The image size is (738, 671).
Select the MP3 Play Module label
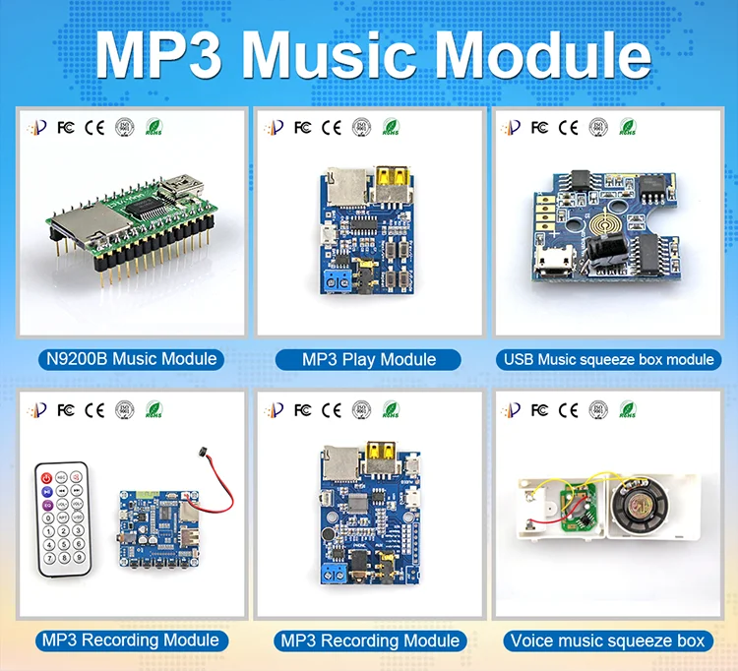pyautogui.click(x=369, y=359)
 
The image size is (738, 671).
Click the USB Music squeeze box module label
pyautogui.click(x=609, y=359)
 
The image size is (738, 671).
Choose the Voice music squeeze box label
pyautogui.click(x=608, y=640)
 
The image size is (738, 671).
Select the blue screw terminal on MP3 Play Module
pyautogui.click(x=338, y=282)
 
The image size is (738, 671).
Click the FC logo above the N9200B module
pyautogui.click(x=66, y=127)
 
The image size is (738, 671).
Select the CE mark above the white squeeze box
pyautogui.click(x=569, y=408)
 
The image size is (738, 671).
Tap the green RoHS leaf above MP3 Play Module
pyautogui.click(x=391, y=127)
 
